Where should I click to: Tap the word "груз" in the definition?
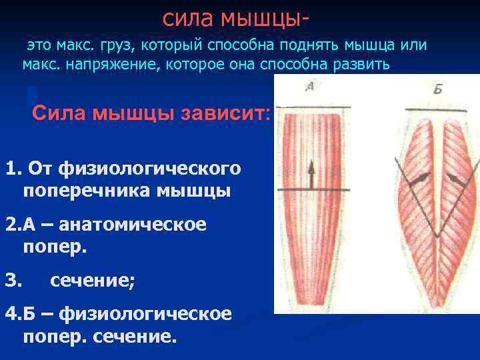[x=117, y=46]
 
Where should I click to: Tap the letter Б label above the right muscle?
[x=437, y=89]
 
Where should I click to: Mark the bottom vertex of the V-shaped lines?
[x=435, y=237]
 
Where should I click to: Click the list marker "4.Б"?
[x=19, y=313]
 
